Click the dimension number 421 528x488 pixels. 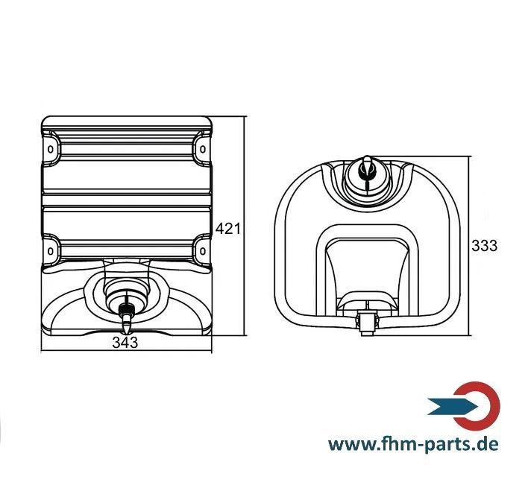point(228,229)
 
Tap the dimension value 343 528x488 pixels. point(125,343)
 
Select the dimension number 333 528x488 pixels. point(484,246)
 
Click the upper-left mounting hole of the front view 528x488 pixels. point(50,149)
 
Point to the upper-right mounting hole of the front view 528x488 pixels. point(203,149)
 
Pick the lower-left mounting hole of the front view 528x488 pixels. point(50,251)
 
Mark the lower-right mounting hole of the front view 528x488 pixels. point(203,251)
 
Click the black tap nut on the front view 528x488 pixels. point(127,308)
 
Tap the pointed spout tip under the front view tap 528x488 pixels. point(127,327)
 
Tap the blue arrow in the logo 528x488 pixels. point(453,406)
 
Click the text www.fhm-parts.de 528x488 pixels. point(413,444)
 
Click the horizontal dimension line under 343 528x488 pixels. point(126,351)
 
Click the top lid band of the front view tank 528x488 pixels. point(127,121)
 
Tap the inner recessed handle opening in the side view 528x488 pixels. point(367,269)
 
